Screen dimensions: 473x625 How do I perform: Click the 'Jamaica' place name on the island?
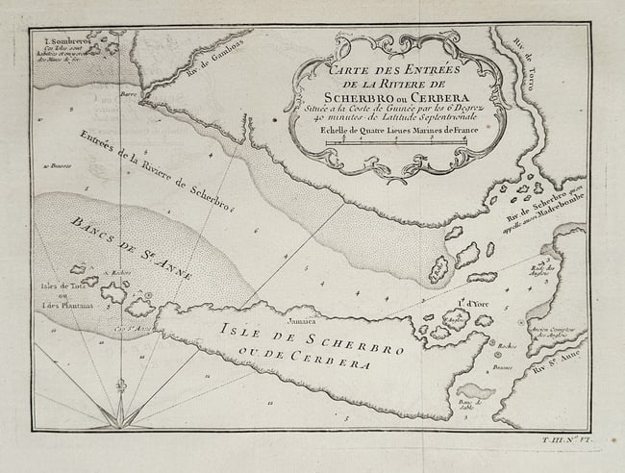tap(303, 314)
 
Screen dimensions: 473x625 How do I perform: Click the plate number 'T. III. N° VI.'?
tap(562, 438)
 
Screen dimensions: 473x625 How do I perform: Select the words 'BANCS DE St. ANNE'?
tap(131, 248)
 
